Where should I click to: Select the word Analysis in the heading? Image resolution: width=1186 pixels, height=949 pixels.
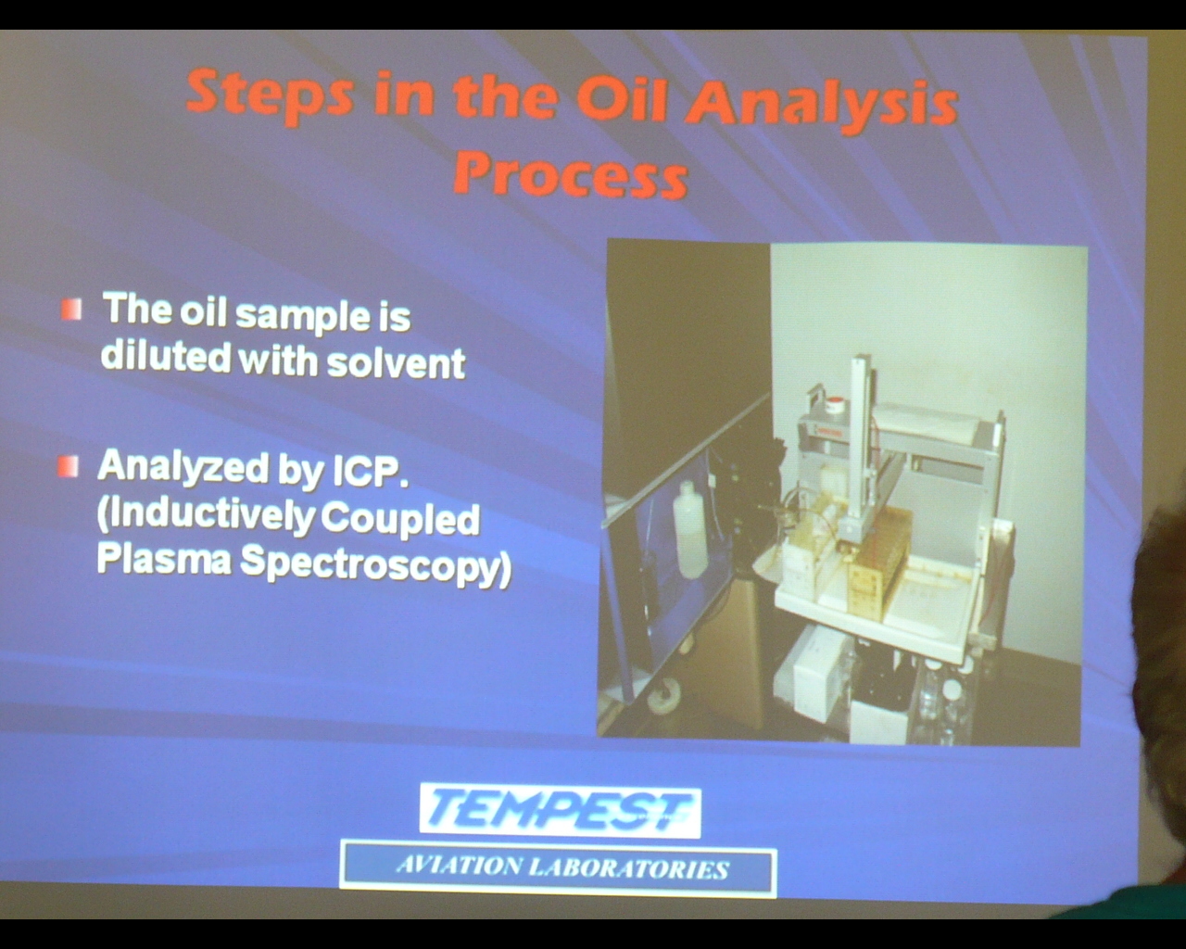(x=821, y=107)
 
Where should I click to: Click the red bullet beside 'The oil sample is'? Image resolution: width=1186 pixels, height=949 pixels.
(x=71, y=310)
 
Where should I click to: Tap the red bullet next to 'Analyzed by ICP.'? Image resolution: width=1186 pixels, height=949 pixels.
(x=69, y=466)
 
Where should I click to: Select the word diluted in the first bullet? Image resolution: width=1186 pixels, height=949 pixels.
(x=165, y=356)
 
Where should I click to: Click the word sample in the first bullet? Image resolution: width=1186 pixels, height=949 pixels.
(x=303, y=317)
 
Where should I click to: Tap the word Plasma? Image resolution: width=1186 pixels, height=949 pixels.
(x=164, y=559)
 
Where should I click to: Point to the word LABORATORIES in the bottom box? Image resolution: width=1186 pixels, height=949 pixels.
(x=628, y=868)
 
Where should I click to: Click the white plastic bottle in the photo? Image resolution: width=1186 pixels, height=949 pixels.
(x=689, y=530)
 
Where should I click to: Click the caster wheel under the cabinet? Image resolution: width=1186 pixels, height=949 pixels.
(x=663, y=698)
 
